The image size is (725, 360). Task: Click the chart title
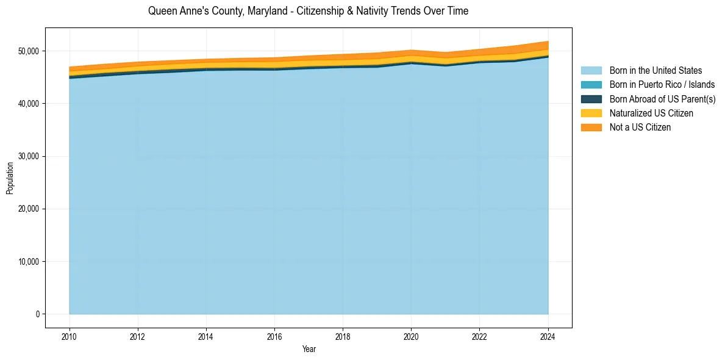308,11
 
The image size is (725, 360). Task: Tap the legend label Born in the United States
655,71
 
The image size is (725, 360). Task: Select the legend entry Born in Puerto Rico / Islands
662,85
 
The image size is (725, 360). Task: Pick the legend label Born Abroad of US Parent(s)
662,99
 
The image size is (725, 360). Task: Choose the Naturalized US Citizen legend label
651,113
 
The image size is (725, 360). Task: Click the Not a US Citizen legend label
640,128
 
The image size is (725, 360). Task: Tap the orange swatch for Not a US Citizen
591,128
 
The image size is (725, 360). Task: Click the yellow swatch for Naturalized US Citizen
591,113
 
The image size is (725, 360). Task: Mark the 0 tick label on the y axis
37,314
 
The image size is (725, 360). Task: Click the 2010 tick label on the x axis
70,336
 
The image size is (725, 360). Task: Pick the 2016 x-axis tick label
274,336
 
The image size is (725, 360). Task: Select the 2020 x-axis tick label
411,336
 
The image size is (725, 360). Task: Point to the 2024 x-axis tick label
548,336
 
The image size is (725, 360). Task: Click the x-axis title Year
309,350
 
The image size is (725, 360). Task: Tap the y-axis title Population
10,178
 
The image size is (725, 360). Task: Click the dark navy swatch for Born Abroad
591,99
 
